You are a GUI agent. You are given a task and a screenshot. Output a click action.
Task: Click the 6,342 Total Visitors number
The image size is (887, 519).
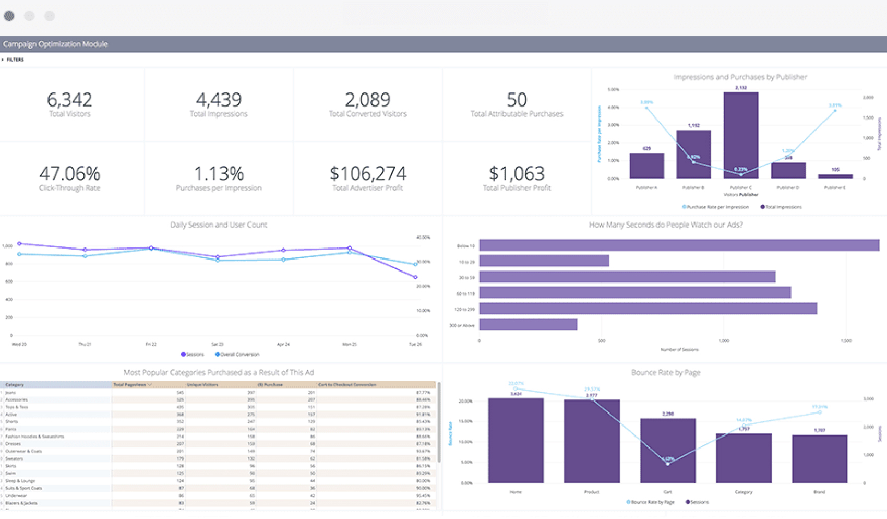click(x=69, y=99)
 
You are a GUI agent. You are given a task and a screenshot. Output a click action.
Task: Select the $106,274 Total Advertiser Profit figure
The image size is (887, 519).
click(x=368, y=173)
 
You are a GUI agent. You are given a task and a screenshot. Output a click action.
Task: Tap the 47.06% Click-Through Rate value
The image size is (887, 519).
click(x=69, y=173)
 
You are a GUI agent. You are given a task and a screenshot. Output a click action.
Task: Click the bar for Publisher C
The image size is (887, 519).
click(x=740, y=136)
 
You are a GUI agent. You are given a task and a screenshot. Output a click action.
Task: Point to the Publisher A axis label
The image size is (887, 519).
click(x=646, y=187)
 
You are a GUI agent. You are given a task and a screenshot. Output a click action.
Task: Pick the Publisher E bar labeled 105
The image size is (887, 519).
click(x=835, y=176)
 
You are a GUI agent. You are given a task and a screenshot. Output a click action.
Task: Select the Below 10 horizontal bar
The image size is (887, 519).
click(x=678, y=245)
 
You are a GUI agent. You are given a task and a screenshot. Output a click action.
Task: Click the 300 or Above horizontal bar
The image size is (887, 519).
click(x=528, y=325)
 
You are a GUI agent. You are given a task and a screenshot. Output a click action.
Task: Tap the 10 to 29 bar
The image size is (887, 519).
click(x=544, y=261)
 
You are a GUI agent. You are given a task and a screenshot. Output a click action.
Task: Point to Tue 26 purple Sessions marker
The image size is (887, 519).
click(x=416, y=277)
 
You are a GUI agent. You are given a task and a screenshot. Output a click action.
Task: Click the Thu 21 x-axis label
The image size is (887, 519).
click(x=85, y=345)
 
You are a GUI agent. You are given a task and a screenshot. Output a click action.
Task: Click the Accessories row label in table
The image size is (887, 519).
click(x=16, y=399)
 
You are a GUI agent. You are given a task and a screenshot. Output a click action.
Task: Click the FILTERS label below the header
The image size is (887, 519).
click(x=15, y=60)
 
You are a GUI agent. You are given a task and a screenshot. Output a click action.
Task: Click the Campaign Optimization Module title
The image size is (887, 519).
click(x=55, y=44)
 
